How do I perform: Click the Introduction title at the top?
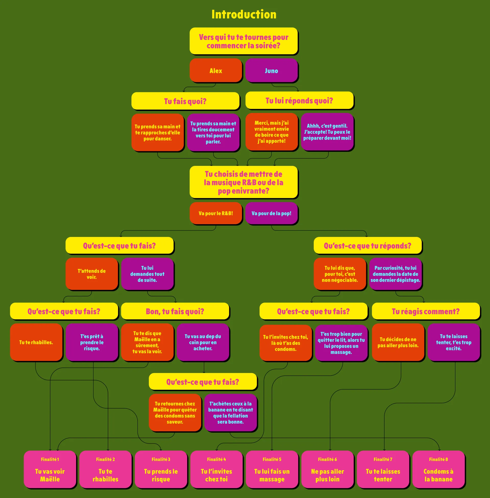coord(244,14)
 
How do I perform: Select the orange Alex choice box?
coord(216,70)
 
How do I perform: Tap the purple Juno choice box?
coord(271,70)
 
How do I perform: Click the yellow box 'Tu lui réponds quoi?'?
coord(299,100)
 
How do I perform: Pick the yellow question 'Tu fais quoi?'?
coord(185,101)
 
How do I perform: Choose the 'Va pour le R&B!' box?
coord(216,213)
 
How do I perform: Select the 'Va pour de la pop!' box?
coord(271,213)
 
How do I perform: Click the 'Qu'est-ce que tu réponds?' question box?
coord(367,245)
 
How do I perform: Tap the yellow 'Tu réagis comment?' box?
coord(425,311)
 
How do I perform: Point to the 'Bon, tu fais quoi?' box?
coord(175,311)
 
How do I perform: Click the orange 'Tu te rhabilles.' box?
coord(36,342)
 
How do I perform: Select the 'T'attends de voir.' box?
coord(92,274)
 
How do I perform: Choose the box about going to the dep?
coord(203,342)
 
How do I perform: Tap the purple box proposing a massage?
coord(341,343)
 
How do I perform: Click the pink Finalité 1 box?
coord(50,469)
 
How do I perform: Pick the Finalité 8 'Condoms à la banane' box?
coord(438,469)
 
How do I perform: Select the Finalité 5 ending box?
coord(272,469)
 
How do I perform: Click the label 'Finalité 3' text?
coord(161,459)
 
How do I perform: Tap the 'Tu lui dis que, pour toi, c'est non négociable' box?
coord(340,274)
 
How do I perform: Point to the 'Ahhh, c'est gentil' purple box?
coord(327,132)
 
